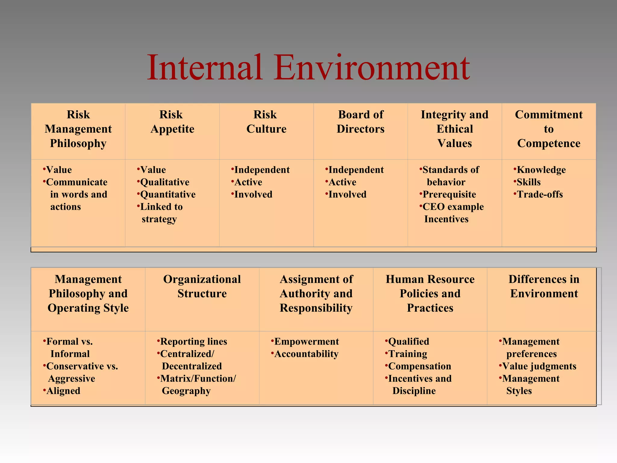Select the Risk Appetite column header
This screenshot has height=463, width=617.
tap(172, 122)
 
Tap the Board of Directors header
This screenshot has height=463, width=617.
tap(360, 122)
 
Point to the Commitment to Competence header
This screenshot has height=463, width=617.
tap(549, 129)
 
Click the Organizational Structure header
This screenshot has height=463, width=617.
tap(202, 286)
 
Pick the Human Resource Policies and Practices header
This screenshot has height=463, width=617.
tap(430, 293)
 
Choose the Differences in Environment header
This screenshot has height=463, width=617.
tap(544, 286)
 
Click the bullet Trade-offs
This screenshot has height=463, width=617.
tap(540, 194)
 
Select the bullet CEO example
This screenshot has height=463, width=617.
tap(453, 207)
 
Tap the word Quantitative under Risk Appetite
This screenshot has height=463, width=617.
tap(168, 194)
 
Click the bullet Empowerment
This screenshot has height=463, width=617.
tap(306, 342)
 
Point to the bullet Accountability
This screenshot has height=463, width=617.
tap(306, 354)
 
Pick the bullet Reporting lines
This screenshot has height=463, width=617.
tap(193, 342)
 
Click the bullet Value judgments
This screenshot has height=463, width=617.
tap(539, 366)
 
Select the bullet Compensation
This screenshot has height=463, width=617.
tap(419, 366)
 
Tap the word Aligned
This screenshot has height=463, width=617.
tap(63, 391)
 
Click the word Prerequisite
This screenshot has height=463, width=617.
tap(449, 194)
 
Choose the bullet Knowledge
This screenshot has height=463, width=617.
tap(541, 170)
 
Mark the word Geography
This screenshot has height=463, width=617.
tap(186, 391)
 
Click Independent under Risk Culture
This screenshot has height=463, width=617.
tap(262, 170)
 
